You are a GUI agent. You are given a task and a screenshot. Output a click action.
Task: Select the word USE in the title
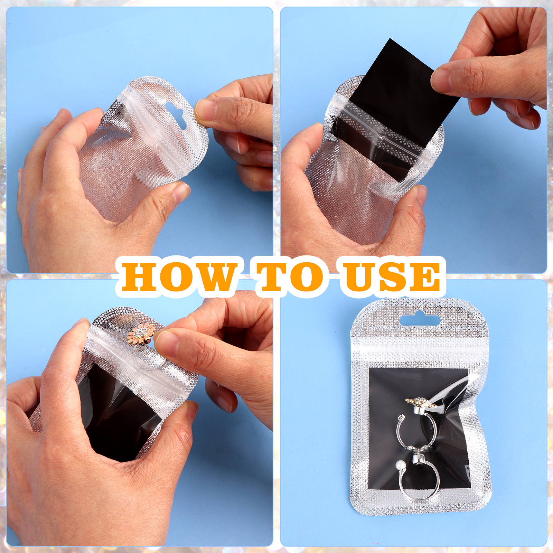coord(392,276)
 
